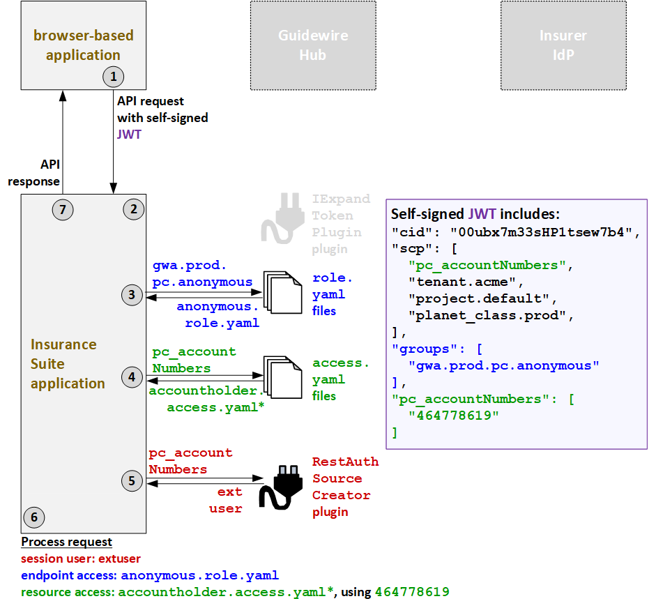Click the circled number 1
(x=112, y=75)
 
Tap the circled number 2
(x=133, y=208)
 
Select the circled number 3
(x=132, y=295)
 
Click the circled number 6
(x=33, y=517)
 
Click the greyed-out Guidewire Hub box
(x=313, y=45)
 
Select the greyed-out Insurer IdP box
(x=563, y=45)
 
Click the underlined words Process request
(x=67, y=542)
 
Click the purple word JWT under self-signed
(x=129, y=134)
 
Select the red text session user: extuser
(x=81, y=558)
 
